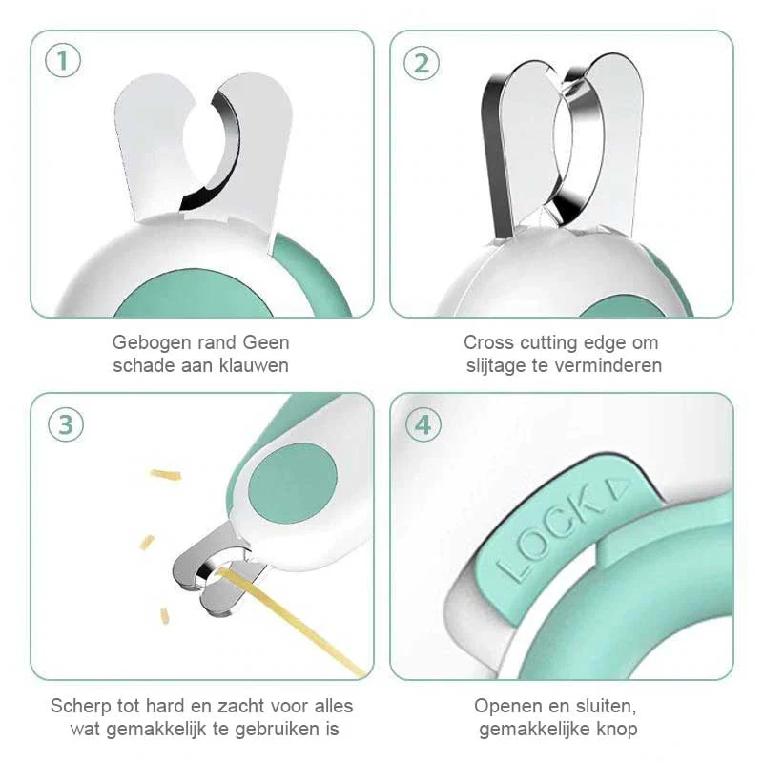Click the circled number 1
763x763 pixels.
tap(63, 61)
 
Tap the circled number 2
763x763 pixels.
tap(422, 63)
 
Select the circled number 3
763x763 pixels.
tap(66, 424)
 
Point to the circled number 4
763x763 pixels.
tap(423, 424)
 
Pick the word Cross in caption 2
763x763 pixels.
tap(489, 342)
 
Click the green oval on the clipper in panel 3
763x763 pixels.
tap(293, 483)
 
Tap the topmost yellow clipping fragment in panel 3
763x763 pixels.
tap(166, 474)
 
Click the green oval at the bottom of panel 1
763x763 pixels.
tap(194, 295)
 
